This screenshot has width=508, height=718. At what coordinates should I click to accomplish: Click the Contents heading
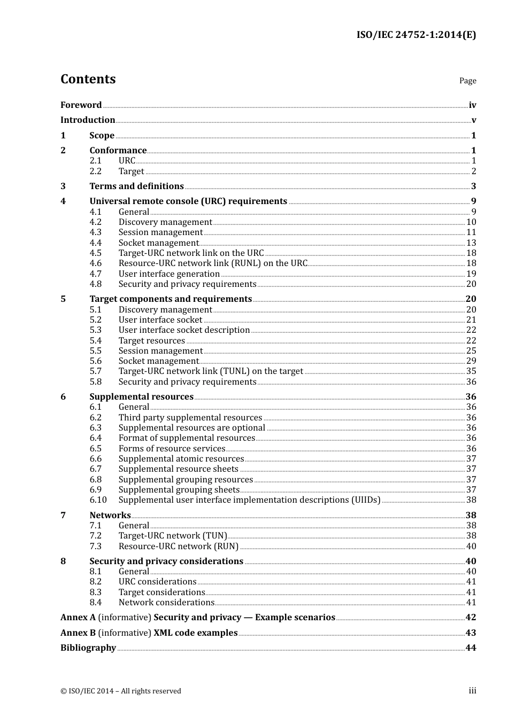(x=88, y=79)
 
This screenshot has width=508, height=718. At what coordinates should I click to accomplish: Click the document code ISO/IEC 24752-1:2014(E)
(x=416, y=35)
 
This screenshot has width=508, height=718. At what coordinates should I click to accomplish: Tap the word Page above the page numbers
(x=467, y=81)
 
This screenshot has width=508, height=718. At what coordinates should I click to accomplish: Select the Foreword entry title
(x=81, y=105)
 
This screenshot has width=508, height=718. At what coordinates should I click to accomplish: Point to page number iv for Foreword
(x=472, y=105)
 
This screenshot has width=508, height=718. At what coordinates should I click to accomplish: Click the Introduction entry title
(x=88, y=120)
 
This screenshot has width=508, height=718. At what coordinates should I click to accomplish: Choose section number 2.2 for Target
(x=95, y=171)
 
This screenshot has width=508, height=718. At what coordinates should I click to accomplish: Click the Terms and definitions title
(x=136, y=186)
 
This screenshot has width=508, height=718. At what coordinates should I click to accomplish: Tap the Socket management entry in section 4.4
(x=158, y=243)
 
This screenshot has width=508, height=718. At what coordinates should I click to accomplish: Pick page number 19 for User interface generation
(x=471, y=274)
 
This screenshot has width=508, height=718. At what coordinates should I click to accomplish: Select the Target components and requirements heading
(x=171, y=299)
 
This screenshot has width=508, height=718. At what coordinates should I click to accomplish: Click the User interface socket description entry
(x=184, y=330)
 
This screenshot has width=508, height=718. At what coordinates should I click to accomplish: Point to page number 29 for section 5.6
(x=471, y=361)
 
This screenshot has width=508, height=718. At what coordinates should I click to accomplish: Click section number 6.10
(x=98, y=500)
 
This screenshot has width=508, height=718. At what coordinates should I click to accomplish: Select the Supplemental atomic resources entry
(x=181, y=459)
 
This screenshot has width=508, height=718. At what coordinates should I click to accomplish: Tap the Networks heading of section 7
(x=110, y=516)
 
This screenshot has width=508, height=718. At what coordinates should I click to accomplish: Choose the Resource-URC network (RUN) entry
(x=178, y=547)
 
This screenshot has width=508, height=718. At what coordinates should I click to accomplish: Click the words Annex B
(x=78, y=633)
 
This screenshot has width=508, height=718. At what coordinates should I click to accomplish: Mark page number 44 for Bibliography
(x=471, y=648)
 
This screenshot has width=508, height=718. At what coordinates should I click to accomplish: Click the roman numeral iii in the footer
(x=472, y=691)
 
